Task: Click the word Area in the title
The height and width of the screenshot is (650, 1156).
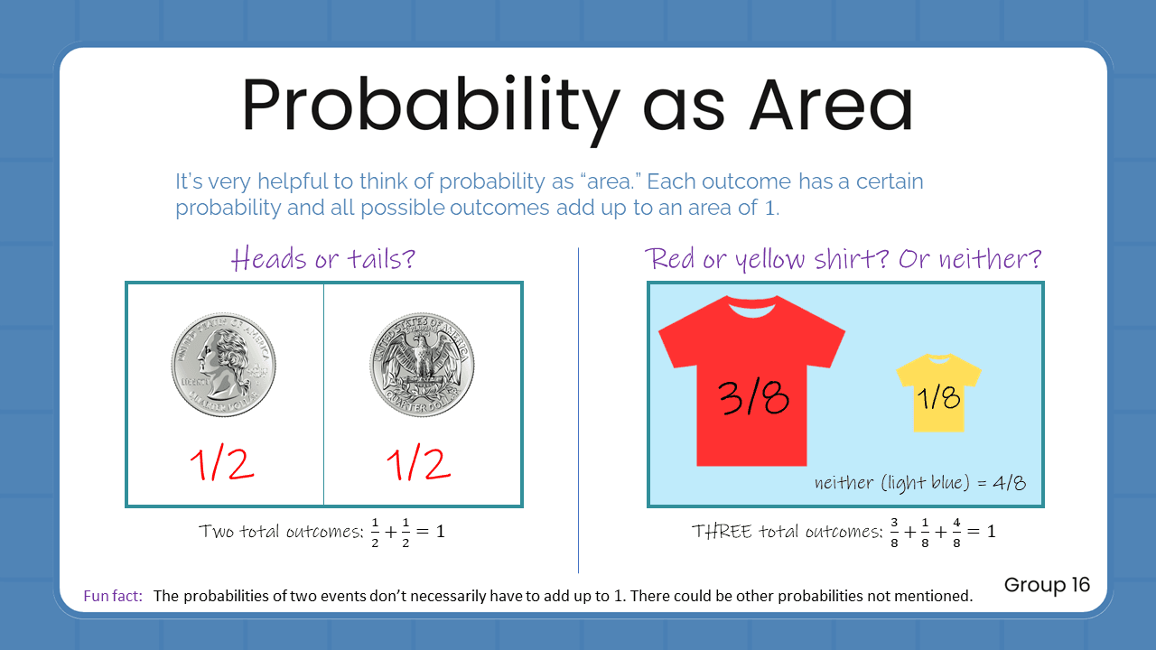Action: (x=831, y=107)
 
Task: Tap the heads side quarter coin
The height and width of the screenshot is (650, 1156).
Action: (x=223, y=365)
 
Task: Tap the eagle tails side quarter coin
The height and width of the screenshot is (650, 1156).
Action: (x=422, y=365)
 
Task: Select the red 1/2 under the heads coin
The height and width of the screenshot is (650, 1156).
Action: (x=222, y=464)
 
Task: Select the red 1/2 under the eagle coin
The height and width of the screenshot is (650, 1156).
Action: (x=418, y=464)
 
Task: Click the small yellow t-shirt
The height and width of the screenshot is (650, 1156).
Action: (x=938, y=392)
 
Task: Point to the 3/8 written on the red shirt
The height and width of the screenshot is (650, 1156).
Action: (x=753, y=397)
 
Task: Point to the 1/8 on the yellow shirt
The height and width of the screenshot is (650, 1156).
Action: (x=939, y=397)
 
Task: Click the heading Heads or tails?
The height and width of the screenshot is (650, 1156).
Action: (x=322, y=259)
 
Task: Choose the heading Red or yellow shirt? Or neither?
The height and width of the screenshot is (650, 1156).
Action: (x=844, y=259)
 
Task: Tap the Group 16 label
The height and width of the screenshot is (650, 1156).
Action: (x=1047, y=584)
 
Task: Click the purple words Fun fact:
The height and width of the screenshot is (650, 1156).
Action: (x=113, y=596)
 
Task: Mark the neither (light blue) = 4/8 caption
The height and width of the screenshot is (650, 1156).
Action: (x=919, y=482)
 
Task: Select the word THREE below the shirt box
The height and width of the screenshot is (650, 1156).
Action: (x=721, y=532)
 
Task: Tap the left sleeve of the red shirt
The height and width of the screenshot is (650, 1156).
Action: (x=679, y=341)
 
